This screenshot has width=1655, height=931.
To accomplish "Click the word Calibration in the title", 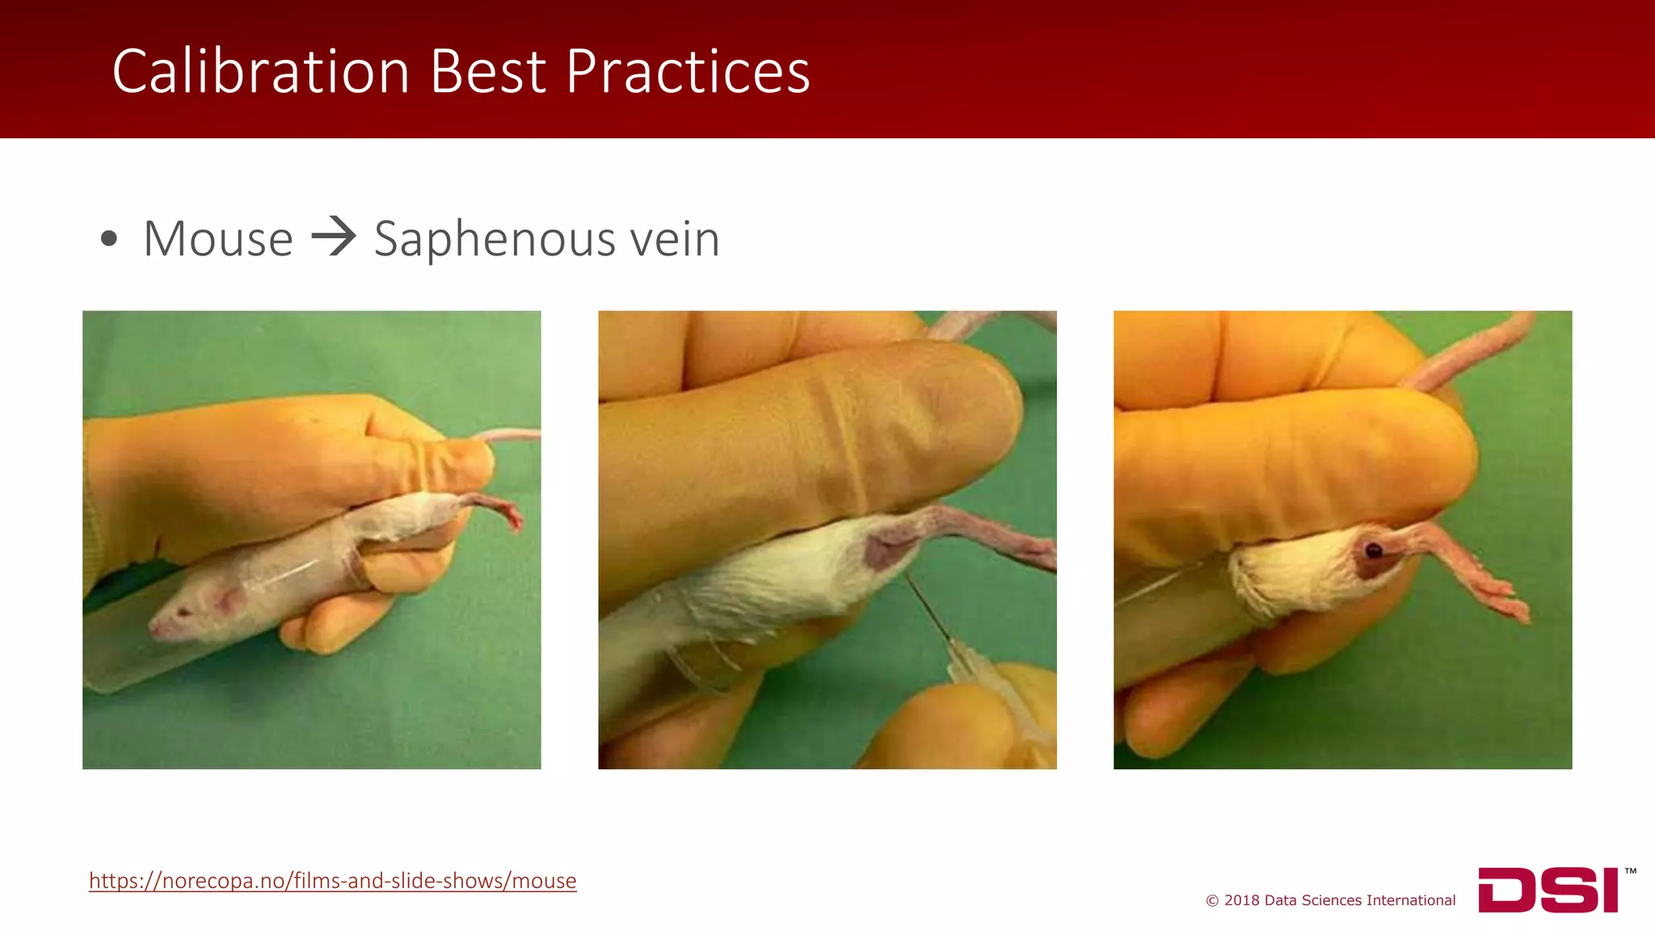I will click(x=260, y=72).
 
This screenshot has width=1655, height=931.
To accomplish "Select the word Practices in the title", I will click(x=687, y=72).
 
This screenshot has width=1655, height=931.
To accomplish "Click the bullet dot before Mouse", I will click(x=109, y=239).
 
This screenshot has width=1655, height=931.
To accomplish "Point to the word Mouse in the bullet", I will click(x=217, y=239).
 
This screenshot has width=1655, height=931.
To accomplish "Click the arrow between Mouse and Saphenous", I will click(x=334, y=238).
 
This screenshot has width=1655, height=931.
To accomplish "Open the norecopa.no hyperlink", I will click(x=332, y=880).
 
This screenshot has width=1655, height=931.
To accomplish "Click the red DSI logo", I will click(x=1548, y=890).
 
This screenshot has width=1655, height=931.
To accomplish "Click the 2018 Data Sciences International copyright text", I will click(x=1330, y=900).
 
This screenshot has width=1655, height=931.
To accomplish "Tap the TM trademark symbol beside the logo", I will click(x=1630, y=871).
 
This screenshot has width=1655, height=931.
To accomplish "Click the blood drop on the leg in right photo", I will click(x=1373, y=551).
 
